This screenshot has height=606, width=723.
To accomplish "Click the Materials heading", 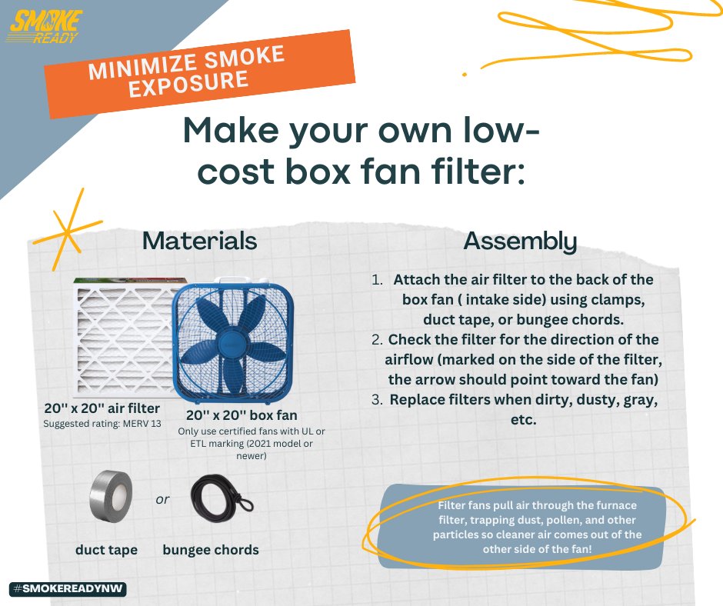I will coord(199,241).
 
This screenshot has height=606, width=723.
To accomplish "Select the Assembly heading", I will coord(519,241).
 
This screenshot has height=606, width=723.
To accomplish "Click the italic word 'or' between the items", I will coord(162,500).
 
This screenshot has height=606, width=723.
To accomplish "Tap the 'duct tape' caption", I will coord(106,550).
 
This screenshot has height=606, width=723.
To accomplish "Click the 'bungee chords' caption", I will coord(211,550).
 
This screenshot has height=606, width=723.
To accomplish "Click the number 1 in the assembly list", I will coord(377,280).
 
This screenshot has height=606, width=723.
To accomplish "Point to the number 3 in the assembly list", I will coord(377,400).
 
